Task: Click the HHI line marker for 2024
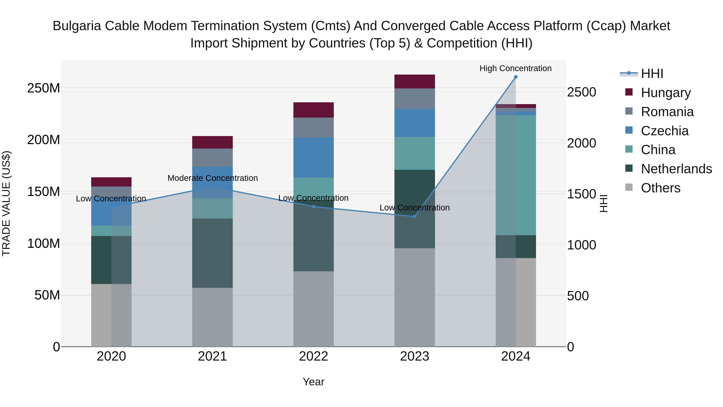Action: pyautogui.click(x=516, y=77)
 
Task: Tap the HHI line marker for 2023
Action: pyautogui.click(x=415, y=216)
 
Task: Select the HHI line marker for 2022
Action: pyautogui.click(x=314, y=207)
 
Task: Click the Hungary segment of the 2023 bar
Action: pyautogui.click(x=415, y=81)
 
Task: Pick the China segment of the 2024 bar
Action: pyautogui.click(x=516, y=175)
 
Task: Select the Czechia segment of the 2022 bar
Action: pyautogui.click(x=314, y=158)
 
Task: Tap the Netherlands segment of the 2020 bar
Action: pyautogui.click(x=111, y=260)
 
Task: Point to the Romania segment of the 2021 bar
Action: pyautogui.click(x=212, y=158)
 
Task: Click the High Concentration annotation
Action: pyautogui.click(x=515, y=69)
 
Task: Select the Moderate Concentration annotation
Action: pyautogui.click(x=212, y=178)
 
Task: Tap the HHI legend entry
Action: pyautogui.click(x=652, y=74)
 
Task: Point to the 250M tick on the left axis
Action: pyautogui.click(x=44, y=88)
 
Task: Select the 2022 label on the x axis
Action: pyautogui.click(x=314, y=356)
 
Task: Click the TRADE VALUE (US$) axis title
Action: pyautogui.click(x=6, y=203)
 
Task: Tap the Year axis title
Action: pyautogui.click(x=314, y=382)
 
